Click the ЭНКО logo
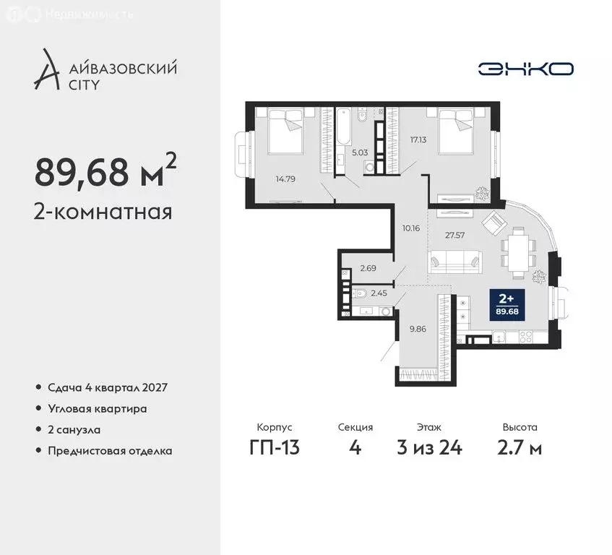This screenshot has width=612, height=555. pos(525,69)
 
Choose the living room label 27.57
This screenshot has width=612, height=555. pos(454,235)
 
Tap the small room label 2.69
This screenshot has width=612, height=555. pos(368,268)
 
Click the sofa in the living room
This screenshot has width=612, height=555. pos(454,262)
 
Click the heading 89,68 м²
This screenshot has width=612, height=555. pos(105,171)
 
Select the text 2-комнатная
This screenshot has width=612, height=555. pos(103,212)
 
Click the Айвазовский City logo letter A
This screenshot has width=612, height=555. pos(46,70)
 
